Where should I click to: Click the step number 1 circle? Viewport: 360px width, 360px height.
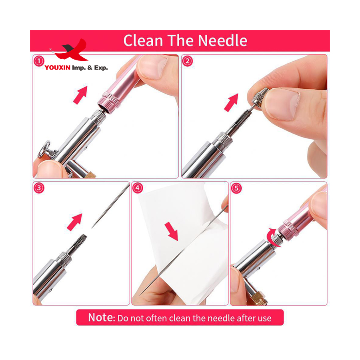(38, 61)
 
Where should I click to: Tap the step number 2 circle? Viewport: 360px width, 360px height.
(187, 61)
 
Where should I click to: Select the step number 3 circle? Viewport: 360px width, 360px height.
(38, 188)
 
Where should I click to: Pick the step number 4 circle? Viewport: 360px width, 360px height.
(138, 188)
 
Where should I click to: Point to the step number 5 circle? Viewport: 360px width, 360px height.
(236, 188)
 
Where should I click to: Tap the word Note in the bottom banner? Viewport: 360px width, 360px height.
(101, 318)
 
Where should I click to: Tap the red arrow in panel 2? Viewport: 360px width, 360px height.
(231, 102)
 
